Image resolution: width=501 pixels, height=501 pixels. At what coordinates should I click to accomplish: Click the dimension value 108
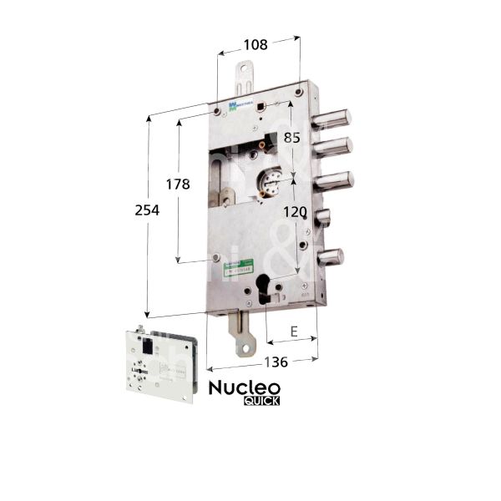257,45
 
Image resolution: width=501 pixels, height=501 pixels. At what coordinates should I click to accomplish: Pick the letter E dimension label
293,331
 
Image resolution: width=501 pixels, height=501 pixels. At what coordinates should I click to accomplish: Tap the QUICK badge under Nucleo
261,400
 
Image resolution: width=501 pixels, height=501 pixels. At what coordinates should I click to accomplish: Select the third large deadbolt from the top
333,180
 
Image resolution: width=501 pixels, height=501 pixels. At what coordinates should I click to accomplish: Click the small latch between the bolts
322,219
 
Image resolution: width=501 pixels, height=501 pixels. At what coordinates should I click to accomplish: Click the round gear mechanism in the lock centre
273,183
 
